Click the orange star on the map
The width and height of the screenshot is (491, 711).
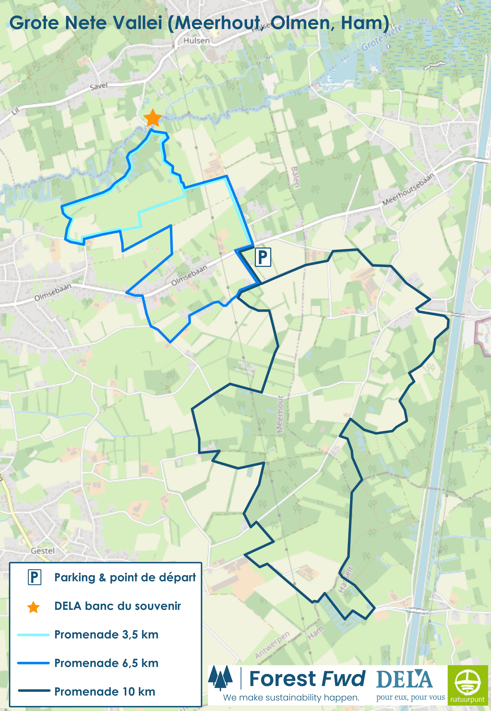(x=153, y=118)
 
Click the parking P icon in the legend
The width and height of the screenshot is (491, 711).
(x=34, y=577)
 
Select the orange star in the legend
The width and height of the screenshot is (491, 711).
(x=33, y=607)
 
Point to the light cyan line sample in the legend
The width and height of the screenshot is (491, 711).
(x=33, y=635)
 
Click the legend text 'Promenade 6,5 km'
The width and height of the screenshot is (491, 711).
(x=106, y=663)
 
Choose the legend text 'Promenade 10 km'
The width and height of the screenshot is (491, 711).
(x=105, y=692)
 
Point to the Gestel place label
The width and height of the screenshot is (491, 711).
(x=42, y=551)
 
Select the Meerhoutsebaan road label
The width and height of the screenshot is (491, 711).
(x=408, y=189)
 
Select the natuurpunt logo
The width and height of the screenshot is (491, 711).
(x=468, y=684)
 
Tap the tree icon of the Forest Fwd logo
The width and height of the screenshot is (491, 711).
(x=220, y=677)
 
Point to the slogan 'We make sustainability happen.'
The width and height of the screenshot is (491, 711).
(x=291, y=698)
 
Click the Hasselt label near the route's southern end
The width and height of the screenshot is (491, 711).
(x=346, y=580)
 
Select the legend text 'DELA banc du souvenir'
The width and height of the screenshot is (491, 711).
(x=118, y=606)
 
